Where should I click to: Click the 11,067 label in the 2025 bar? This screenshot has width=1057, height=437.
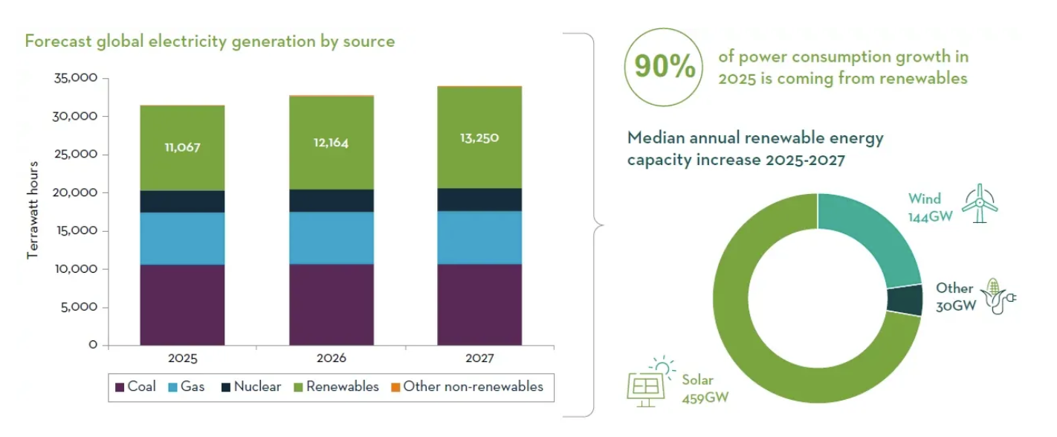[182, 147]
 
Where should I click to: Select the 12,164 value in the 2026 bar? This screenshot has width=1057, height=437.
[332, 143]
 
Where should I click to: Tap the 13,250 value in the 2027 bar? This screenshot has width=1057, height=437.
[479, 138]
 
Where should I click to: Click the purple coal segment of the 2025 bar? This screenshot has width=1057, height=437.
[182, 305]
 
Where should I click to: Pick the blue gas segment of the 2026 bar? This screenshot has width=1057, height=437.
[332, 238]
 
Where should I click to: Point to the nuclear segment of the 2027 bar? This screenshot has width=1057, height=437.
[479, 200]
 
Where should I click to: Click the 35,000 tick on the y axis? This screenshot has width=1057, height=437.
[77, 78]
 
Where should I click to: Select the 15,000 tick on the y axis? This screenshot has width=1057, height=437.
[77, 231]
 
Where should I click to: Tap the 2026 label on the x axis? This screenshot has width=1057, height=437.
[332, 358]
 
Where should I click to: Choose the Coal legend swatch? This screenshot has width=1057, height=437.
[120, 387]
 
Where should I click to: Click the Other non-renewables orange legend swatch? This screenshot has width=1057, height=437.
[395, 387]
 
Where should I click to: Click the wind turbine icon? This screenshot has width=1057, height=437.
[980, 203]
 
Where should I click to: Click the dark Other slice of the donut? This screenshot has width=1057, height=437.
[905, 300]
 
